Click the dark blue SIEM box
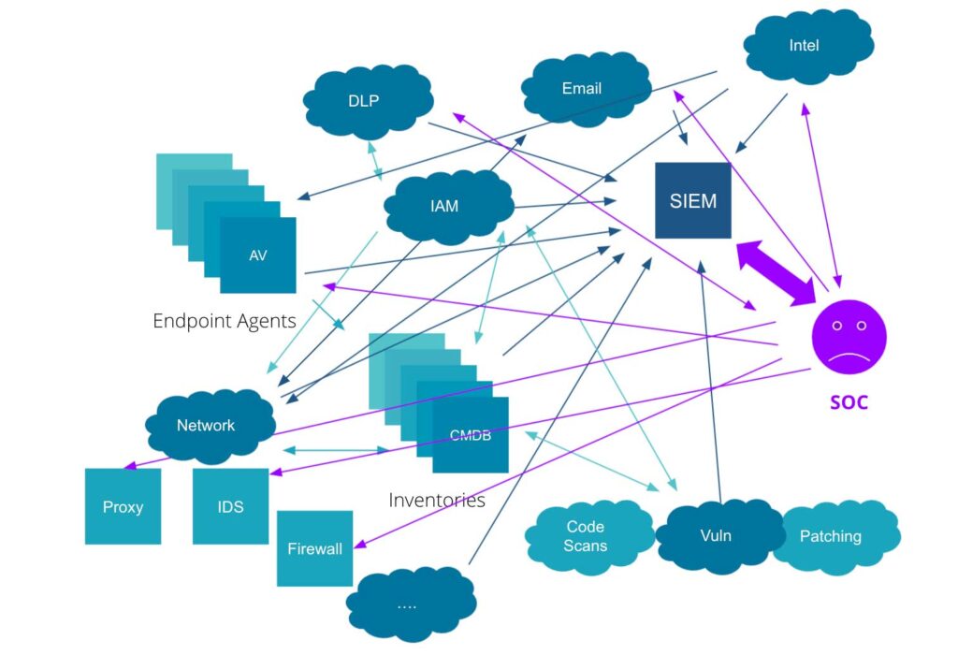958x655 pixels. pyautogui.click(x=692, y=200)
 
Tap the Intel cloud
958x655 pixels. pyautogui.click(x=805, y=46)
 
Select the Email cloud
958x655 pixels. pyautogui.click(x=582, y=89)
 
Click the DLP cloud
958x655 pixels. pyautogui.click(x=364, y=100)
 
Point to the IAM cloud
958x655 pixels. pyautogui.click(x=445, y=206)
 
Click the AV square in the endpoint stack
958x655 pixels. pyautogui.click(x=258, y=255)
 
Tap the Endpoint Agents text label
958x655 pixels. pyautogui.click(x=225, y=321)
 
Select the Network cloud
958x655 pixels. pyautogui.click(x=207, y=426)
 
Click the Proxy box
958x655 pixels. pyautogui.click(x=123, y=506)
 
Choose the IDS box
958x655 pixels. pyautogui.click(x=230, y=506)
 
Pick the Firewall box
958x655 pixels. pyautogui.click(x=314, y=548)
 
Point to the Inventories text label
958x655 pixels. pyautogui.click(x=437, y=500)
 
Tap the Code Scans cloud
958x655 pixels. pyautogui.click(x=586, y=536)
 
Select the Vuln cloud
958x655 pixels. pyautogui.click(x=715, y=536)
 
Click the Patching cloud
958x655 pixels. pyautogui.click(x=831, y=536)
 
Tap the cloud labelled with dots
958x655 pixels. pyautogui.click(x=406, y=604)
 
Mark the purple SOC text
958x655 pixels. pyautogui.click(x=849, y=402)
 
